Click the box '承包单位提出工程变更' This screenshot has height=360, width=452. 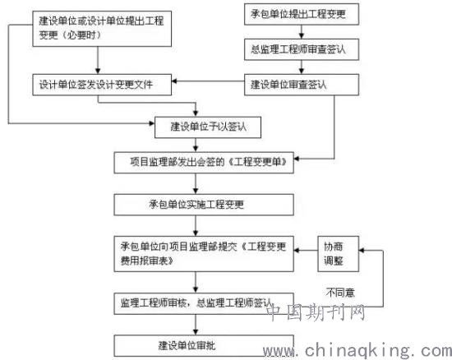click(x=302, y=14)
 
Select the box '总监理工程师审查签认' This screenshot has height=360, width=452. click(x=302, y=49)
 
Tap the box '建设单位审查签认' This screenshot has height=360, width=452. click(x=302, y=85)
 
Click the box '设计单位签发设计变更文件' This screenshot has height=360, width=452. click(x=102, y=85)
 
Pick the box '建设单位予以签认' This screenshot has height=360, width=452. click(x=208, y=127)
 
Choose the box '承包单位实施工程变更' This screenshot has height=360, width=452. click(x=204, y=205)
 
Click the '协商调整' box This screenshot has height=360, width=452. click(x=338, y=254)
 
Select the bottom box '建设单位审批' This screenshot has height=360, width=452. click(x=204, y=345)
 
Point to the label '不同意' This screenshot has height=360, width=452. click(x=340, y=293)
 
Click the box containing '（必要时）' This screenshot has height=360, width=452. click(x=102, y=29)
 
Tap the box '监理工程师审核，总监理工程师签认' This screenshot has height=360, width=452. click(x=204, y=303)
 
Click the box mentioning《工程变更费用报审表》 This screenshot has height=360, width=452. click(x=204, y=254)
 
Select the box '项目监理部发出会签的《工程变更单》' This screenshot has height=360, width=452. click(x=204, y=163)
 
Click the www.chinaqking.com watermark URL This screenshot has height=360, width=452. click(x=357, y=351)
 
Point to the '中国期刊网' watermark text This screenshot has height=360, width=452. click(x=316, y=312)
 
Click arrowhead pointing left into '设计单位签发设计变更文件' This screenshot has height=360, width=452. click(x=174, y=81)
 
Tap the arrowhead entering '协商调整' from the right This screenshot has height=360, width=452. click(x=362, y=251)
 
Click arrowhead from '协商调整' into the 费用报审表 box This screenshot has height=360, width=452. click(x=297, y=251)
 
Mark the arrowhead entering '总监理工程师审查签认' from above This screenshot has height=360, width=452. click(x=302, y=36)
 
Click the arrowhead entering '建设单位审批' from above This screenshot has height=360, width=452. click(x=196, y=332)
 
